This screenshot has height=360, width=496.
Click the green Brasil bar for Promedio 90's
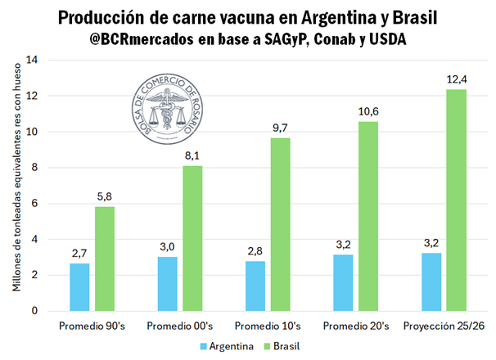[x=104, y=259]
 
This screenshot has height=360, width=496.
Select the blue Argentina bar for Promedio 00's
[x=167, y=284]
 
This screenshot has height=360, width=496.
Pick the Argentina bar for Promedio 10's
[x=255, y=286]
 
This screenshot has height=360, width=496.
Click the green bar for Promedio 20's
[x=368, y=216]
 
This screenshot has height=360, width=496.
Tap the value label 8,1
[x=192, y=155]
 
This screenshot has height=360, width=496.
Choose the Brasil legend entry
[x=285, y=346]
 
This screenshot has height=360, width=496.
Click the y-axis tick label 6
[x=35, y=204]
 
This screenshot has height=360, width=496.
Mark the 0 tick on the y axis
[x=35, y=311]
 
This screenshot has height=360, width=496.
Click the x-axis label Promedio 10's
[x=268, y=326]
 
